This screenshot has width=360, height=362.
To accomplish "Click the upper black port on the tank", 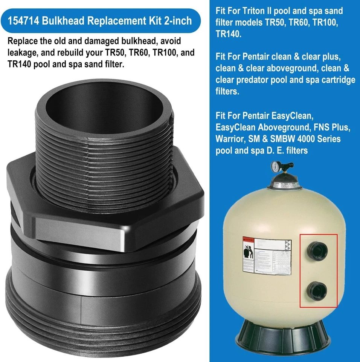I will (x=317, y=249).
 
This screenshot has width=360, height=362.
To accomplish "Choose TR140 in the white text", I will (x=229, y=34).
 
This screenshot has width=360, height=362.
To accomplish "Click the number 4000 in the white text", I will (x=299, y=139).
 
